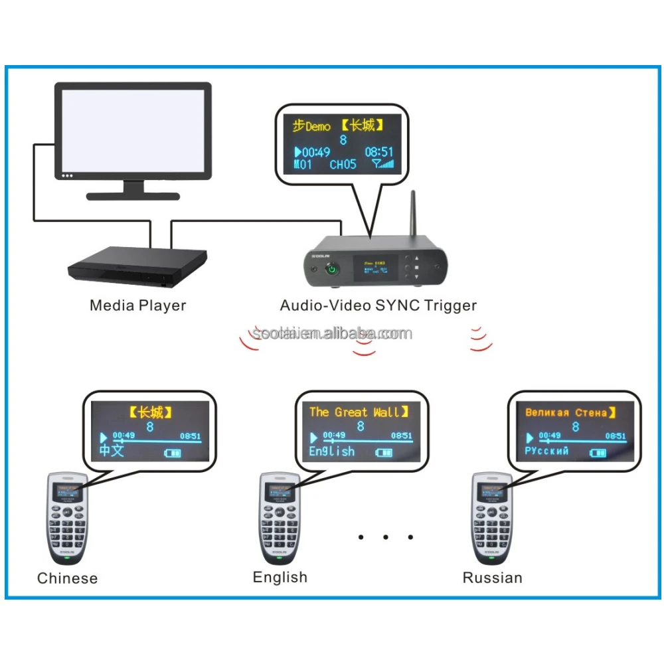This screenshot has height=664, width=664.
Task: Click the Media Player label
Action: (137, 305)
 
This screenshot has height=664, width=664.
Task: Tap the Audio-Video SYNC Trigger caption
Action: (378, 305)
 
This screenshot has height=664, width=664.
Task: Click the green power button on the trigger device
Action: (331, 270)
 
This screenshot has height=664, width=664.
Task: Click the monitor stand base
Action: (133, 195)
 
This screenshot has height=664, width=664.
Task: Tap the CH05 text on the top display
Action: (343, 165)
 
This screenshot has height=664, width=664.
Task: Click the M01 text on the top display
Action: (303, 165)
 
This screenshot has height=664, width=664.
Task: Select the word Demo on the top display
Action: (317, 126)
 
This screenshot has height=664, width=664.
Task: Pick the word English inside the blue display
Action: (332, 452)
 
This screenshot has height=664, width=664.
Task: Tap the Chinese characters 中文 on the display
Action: (112, 452)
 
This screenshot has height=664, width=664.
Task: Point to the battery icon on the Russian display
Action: (598, 452)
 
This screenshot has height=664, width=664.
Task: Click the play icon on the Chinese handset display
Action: (104, 438)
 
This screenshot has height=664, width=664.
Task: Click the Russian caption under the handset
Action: (492, 578)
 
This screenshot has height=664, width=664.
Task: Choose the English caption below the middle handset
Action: (280, 577)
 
